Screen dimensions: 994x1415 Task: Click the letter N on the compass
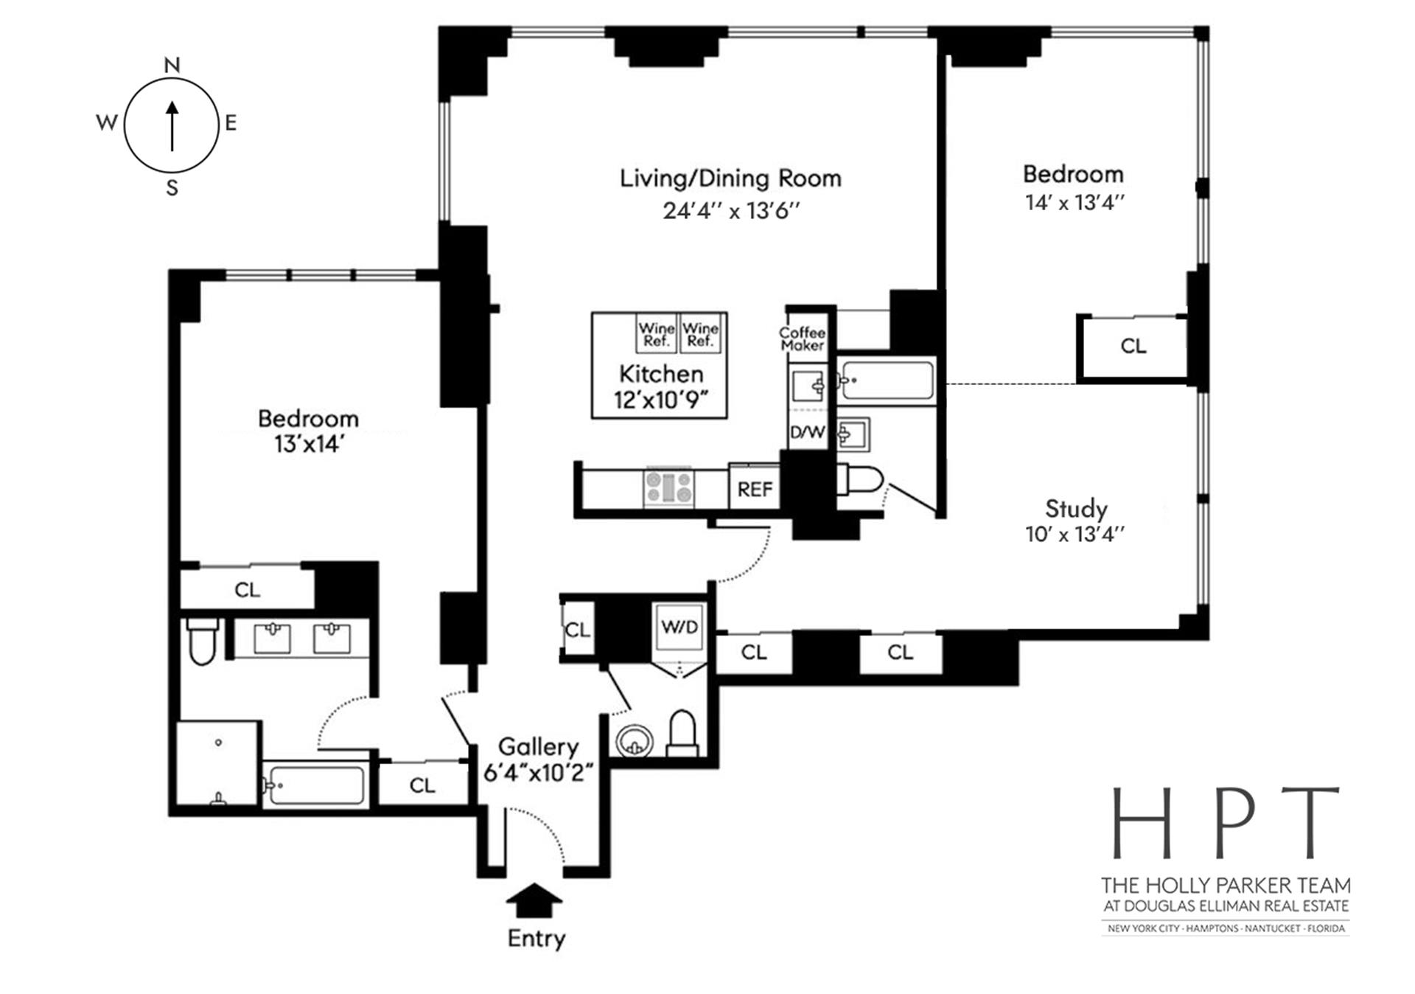tap(172, 66)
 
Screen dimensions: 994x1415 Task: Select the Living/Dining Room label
tap(730, 178)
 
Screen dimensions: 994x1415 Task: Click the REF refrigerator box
tap(755, 489)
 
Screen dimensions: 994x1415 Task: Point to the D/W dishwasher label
tap(808, 432)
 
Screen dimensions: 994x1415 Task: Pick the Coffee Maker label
tap(803, 338)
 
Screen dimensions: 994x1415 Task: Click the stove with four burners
tap(669, 487)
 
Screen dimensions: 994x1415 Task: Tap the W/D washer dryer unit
tap(679, 628)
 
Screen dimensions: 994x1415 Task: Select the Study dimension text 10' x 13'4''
tap(1075, 535)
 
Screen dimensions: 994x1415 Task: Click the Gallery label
tap(538, 746)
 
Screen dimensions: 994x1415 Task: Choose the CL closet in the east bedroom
tap(1133, 346)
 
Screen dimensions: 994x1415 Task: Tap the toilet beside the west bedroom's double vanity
tap(202, 643)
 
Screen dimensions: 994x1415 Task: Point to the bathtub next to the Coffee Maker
tap(887, 380)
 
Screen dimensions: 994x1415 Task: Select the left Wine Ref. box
tap(656, 334)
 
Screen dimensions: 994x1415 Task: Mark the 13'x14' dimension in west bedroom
tap(308, 444)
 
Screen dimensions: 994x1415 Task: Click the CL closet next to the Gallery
tap(422, 785)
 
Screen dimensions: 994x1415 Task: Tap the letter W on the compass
tap(107, 122)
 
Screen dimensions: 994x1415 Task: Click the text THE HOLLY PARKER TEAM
tap(1226, 885)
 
